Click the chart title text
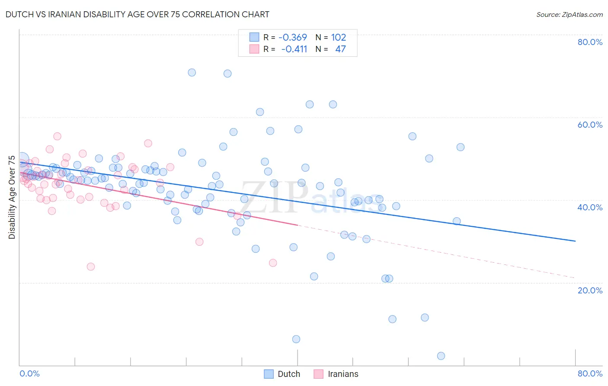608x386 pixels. coord(137,14)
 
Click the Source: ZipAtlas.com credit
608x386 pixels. coord(569,14)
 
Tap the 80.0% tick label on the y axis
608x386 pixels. coord(590,42)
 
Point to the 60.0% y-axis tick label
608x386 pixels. coord(590,125)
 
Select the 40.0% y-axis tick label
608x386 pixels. coord(590,207)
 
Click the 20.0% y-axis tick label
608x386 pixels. coord(590,290)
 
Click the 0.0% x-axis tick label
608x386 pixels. coord(29,373)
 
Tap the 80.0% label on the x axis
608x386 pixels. coord(590,373)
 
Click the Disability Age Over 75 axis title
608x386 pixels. coord(12,197)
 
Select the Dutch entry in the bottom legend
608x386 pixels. coord(288,374)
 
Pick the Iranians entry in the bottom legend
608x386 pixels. coord(343,374)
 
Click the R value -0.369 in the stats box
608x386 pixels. coord(292,38)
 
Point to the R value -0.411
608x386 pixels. coord(294,49)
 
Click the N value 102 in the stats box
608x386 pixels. coord(339,38)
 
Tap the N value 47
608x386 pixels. coord(340,49)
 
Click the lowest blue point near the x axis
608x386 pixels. coord(441,356)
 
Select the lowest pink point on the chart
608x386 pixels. coord(91,267)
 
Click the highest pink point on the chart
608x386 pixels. coord(57,136)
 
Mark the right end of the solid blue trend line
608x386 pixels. coord(575,241)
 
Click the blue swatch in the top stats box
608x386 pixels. coord(254,38)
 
